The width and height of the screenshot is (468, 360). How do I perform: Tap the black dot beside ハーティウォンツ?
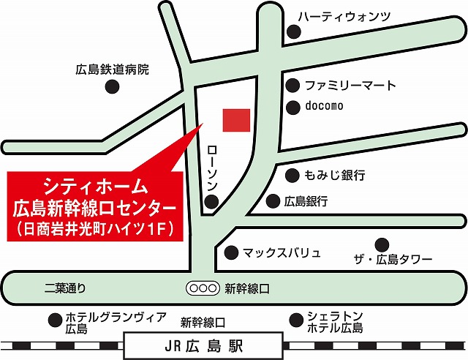pos(294,31)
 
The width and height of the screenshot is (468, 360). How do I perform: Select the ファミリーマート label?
pos(351,86)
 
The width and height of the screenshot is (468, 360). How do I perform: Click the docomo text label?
pos(325,106)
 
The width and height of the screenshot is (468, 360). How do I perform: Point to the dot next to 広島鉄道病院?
pos(113,86)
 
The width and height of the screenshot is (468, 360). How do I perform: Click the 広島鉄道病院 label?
pos(112,70)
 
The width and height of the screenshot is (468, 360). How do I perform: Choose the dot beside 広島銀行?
pos(273,200)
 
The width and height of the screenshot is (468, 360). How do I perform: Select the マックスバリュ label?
pos(282,253)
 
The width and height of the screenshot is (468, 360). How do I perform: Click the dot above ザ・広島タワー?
pos(381,244)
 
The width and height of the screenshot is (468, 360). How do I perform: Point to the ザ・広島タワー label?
pos(393,260)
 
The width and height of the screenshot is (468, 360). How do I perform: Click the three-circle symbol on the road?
pos(202,288)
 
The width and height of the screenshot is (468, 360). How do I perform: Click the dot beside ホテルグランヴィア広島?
pos(54,319)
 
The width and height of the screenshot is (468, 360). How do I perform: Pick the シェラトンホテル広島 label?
pos(335,322)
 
